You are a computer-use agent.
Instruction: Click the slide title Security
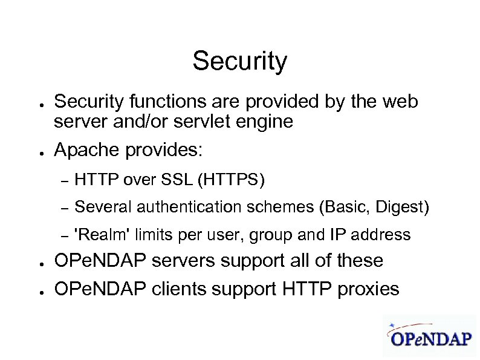click(x=239, y=61)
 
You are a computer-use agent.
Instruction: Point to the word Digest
click(x=402, y=207)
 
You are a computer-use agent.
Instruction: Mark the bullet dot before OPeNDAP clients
click(x=37, y=291)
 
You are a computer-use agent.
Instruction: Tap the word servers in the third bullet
click(x=184, y=261)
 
